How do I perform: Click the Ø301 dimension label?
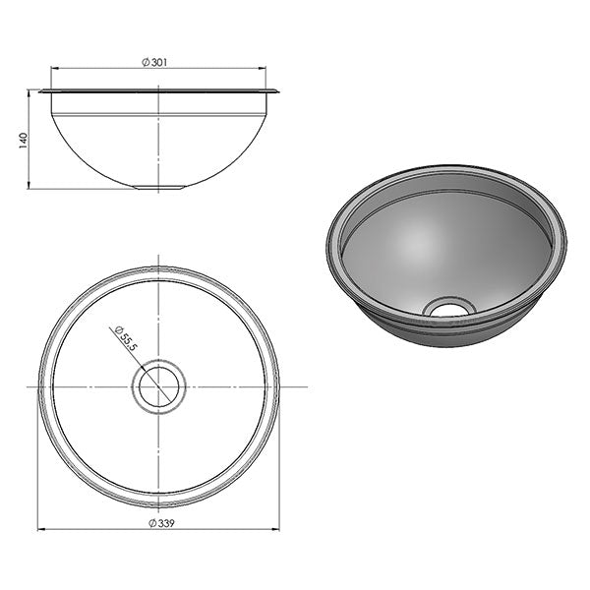click(157, 62)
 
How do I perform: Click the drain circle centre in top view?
click(158, 385)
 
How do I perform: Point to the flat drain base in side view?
click(158, 187)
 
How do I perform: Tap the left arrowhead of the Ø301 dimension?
click(54, 68)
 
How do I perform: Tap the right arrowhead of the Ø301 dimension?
click(263, 68)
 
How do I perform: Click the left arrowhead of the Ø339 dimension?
click(41, 529)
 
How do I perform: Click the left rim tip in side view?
click(40, 91)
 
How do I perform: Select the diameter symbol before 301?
click(146, 62)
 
